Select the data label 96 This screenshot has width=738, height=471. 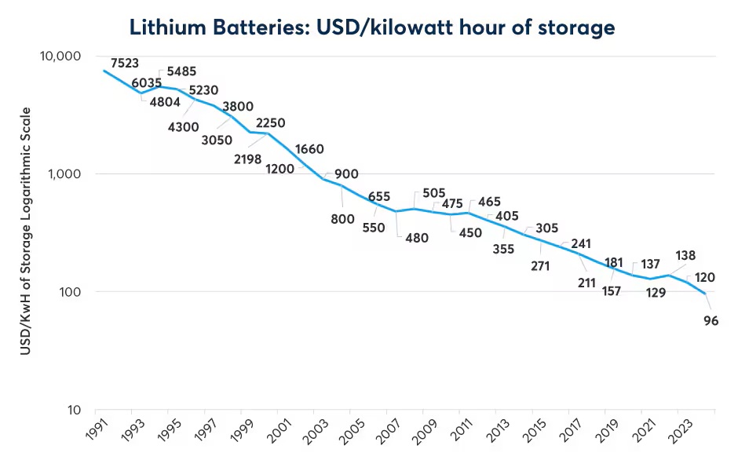pos(711,319)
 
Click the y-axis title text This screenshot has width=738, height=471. pos(26,232)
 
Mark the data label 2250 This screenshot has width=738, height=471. pos(270,122)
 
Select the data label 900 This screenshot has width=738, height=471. pos(346,173)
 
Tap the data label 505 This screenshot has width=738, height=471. pos(433,192)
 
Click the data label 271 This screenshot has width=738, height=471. pos(540,265)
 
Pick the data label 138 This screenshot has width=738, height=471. pos(685,255)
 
